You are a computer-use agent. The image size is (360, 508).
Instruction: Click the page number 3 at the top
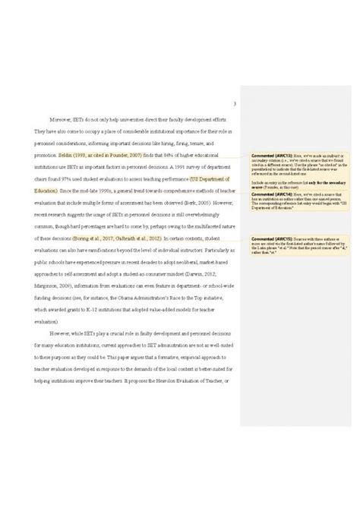tap(235, 105)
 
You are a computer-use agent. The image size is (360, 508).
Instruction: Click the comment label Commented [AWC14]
tap(267, 194)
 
